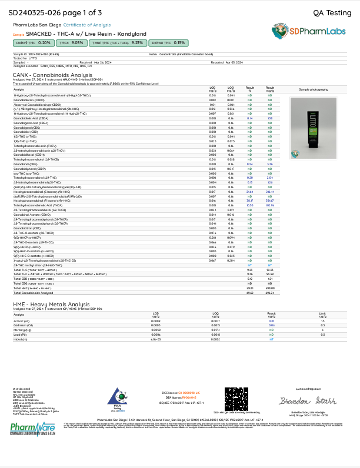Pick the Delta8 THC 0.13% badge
point(169,43)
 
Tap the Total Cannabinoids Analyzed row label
point(36,295)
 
